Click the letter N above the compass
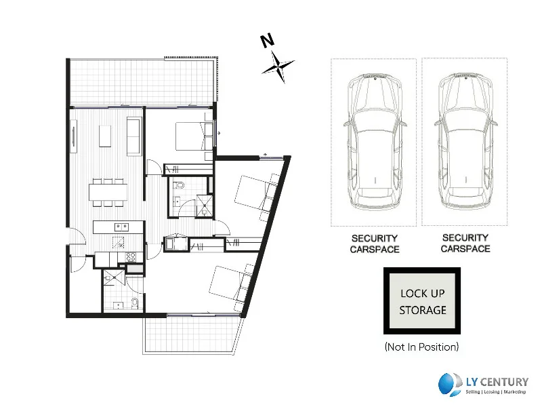point(268,41)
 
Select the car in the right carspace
point(466,139)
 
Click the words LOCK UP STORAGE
point(423,302)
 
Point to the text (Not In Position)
point(421,347)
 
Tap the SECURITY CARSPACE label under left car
point(375,244)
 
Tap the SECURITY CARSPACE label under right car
point(465,243)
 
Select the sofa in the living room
point(133,136)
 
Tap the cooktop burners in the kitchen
point(131,258)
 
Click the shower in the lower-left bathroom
point(113,277)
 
